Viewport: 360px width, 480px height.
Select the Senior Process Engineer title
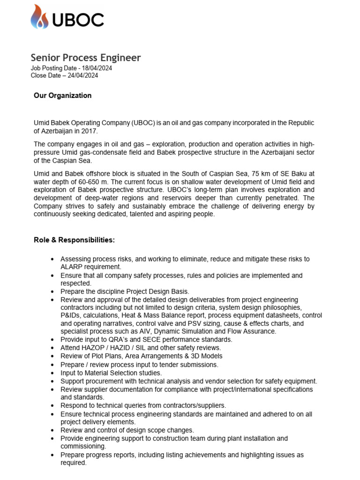pyautogui.click(x=86, y=58)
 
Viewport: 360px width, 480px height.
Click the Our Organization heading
pyautogui.click(x=62, y=96)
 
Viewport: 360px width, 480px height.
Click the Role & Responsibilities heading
pyautogui.click(x=74, y=240)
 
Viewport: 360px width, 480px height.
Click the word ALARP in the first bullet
pyautogui.click(x=71, y=267)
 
